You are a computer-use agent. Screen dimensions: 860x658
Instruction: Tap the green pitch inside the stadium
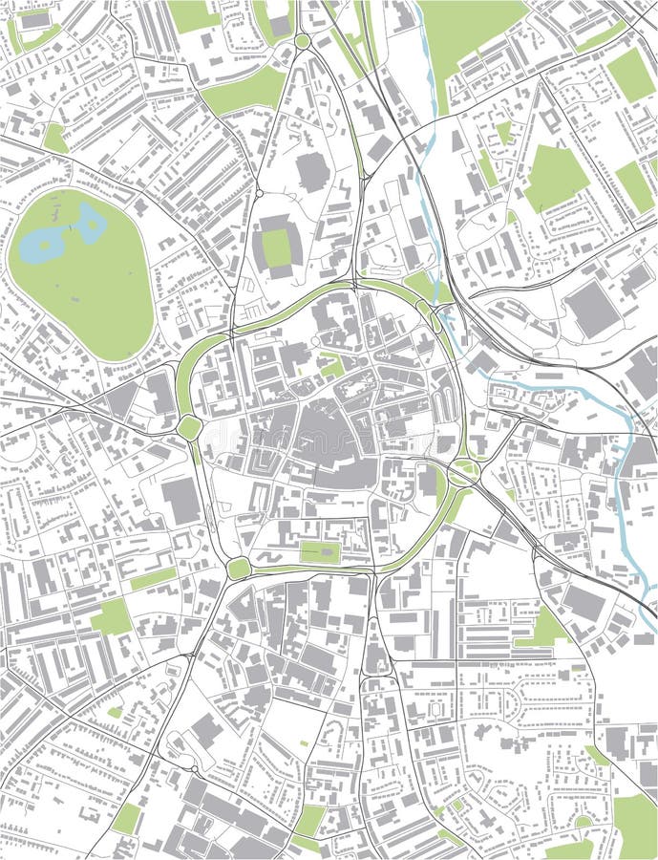pyautogui.click(x=276, y=248)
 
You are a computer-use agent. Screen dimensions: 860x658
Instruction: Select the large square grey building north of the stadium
pyautogui.click(x=312, y=171)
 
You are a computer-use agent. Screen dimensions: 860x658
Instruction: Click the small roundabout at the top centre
pyautogui.click(x=302, y=41)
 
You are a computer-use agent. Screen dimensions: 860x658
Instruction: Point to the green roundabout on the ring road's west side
pyautogui.click(x=189, y=428)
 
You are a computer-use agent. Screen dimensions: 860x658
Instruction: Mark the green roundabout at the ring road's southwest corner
pyautogui.click(x=239, y=569)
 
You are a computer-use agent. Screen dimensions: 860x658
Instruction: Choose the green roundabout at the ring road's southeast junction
pyautogui.click(x=464, y=471)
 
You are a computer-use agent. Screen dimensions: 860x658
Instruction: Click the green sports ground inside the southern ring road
pyautogui.click(x=320, y=552)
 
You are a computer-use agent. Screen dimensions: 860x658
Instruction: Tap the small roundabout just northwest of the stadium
pyautogui.click(x=258, y=194)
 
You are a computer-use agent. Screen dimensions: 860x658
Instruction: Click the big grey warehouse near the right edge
pyautogui.click(x=591, y=309)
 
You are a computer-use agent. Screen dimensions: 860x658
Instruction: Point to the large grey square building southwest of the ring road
pyautogui.click(x=180, y=501)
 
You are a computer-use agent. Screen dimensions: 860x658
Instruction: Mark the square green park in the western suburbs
pyautogui.click(x=112, y=616)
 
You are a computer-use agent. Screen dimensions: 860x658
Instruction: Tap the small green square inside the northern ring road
pyautogui.click(x=331, y=366)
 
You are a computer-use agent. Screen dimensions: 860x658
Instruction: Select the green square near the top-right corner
pyautogui.click(x=631, y=75)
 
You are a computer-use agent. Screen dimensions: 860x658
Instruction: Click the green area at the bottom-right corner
pyautogui.click(x=634, y=826)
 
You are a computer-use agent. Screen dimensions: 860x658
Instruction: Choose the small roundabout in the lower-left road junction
pyautogui.click(x=195, y=768)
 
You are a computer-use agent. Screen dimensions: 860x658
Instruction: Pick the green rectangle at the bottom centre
pyautogui.click(x=309, y=821)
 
